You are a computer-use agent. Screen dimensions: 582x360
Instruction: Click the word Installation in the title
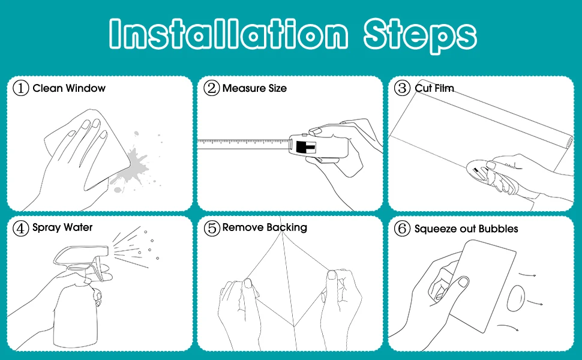[x=229, y=34]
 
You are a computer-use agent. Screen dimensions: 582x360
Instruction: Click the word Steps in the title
[x=420, y=36]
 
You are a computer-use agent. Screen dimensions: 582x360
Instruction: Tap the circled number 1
[x=21, y=88]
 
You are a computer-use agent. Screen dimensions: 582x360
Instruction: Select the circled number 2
[x=212, y=88]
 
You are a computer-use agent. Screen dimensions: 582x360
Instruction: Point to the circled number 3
[x=402, y=88]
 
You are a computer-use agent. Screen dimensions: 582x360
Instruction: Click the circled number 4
[x=21, y=228]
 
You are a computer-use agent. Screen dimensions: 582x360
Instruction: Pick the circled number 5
[x=212, y=228]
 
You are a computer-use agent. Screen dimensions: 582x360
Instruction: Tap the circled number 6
[x=402, y=228]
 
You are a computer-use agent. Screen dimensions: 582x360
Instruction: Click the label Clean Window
[x=69, y=88]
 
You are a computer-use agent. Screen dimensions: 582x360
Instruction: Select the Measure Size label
[x=254, y=88]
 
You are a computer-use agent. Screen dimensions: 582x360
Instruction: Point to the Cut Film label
[x=434, y=88]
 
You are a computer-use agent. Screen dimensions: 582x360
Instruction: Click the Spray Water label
[x=62, y=227]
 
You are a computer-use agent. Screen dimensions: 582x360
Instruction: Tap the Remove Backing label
[x=265, y=227]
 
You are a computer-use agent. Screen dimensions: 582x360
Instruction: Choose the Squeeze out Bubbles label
[x=466, y=229]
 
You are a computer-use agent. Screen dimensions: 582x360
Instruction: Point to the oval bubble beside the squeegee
[x=516, y=298]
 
